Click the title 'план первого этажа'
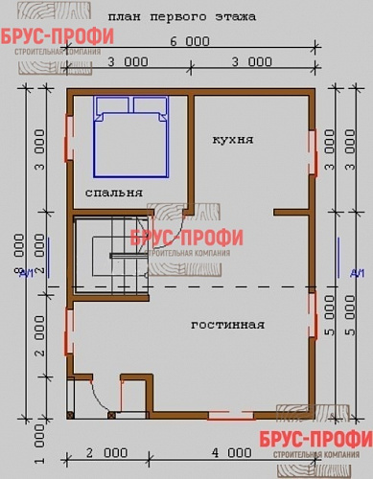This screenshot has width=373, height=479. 181,16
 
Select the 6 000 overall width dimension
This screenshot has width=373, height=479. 190,41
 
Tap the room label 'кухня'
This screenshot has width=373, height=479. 233,139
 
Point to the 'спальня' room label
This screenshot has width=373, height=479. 114,192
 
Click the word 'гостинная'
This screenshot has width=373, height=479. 227,325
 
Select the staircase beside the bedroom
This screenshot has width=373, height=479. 112,256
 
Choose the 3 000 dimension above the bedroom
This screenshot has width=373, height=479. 129,61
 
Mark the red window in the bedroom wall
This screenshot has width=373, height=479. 67,137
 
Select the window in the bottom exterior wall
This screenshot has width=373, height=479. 231,415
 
